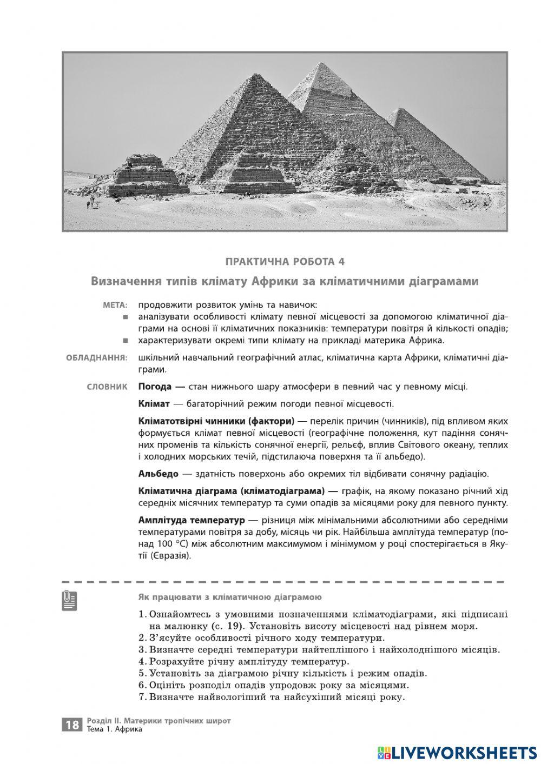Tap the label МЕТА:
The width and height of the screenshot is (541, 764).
click(x=115, y=305)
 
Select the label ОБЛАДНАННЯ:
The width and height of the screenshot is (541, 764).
click(x=97, y=358)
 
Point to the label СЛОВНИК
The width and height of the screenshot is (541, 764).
click(x=107, y=387)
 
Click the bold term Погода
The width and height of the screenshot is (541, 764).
click(x=155, y=387)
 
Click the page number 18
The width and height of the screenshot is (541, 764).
click(x=72, y=725)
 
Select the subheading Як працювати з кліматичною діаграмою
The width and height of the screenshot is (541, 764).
click(x=230, y=597)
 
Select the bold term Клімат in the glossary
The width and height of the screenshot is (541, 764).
click(x=154, y=404)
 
